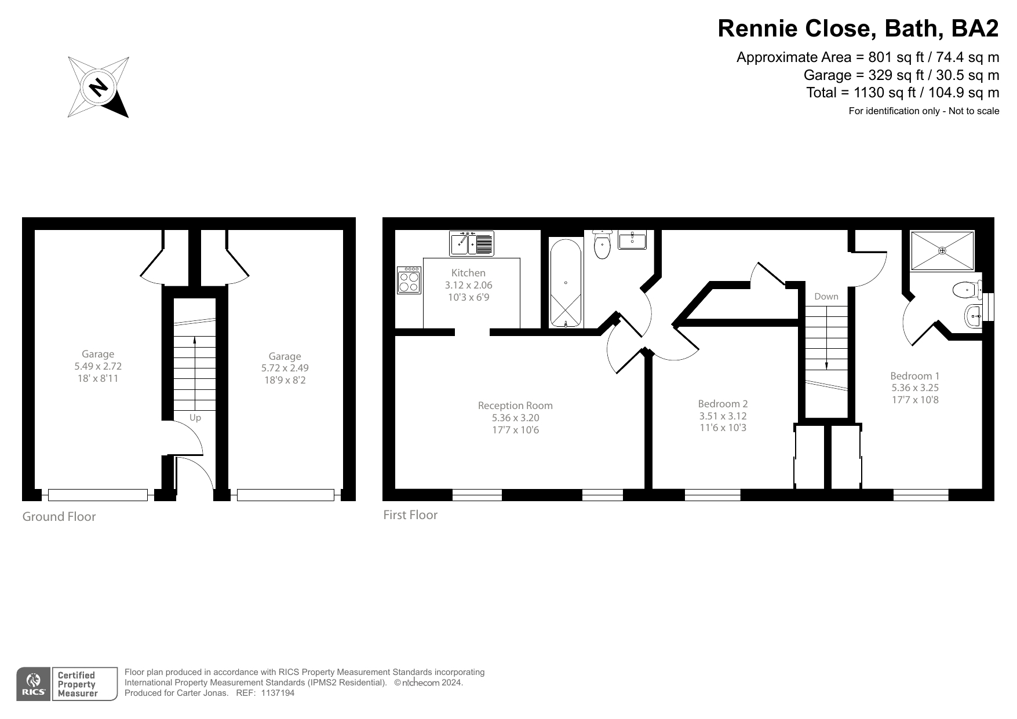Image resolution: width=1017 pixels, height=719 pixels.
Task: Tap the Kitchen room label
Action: (468, 273)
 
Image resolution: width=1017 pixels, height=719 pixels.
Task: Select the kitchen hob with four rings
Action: (409, 280)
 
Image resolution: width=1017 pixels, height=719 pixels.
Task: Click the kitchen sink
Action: (472, 243)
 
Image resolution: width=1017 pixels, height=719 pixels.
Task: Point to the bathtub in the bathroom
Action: (565, 283)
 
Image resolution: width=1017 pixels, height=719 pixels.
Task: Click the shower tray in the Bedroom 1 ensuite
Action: (942, 250)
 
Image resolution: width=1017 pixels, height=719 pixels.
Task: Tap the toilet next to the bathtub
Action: (603, 246)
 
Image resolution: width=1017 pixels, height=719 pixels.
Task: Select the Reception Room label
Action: (515, 406)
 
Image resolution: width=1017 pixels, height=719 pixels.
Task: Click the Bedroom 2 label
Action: (723, 404)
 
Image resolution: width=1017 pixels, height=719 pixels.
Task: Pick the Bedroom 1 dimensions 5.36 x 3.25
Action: (914, 388)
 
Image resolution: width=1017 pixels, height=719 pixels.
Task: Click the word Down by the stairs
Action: (826, 297)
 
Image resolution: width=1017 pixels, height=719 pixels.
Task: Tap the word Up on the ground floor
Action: (195, 418)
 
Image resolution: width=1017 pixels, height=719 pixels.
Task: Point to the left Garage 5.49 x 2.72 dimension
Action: (98, 366)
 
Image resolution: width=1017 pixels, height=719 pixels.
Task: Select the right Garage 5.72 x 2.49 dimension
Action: (285, 368)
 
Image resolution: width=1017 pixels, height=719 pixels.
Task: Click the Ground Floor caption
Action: (59, 516)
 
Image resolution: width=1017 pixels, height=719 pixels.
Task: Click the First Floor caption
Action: (410, 514)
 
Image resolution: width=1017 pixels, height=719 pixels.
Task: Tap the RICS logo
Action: (34, 684)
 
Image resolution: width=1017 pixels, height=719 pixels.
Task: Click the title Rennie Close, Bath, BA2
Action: (858, 28)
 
